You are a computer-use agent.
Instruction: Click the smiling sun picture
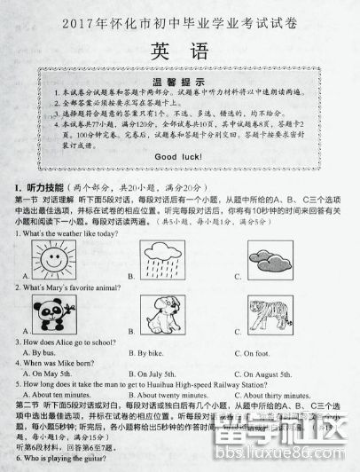pyautogui.click(x=50, y=259)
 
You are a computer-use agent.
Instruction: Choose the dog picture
pyautogui.click(x=165, y=317)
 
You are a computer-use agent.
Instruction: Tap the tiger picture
pyautogui.click(x=278, y=317)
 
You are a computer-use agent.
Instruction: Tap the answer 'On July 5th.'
pyautogui.click(x=157, y=374)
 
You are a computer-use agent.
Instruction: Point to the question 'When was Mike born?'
pyautogui.click(x=57, y=364)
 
